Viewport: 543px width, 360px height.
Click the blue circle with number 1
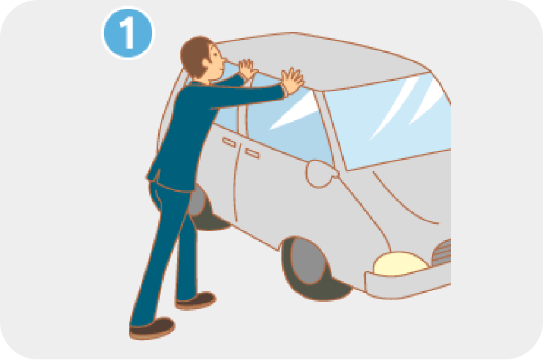(128, 33)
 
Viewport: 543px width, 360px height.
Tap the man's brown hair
(195, 55)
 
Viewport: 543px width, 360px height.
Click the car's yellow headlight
(400, 264)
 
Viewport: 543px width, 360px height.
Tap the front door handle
(252, 153)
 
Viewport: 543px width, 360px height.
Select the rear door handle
(229, 142)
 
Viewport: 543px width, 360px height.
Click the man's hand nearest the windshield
(292, 81)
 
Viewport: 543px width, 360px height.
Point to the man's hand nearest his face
(248, 69)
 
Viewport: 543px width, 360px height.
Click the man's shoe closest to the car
(196, 301)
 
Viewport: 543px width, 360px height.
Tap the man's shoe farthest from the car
(152, 328)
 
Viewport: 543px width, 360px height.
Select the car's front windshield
(391, 121)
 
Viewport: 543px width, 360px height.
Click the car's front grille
(442, 253)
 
